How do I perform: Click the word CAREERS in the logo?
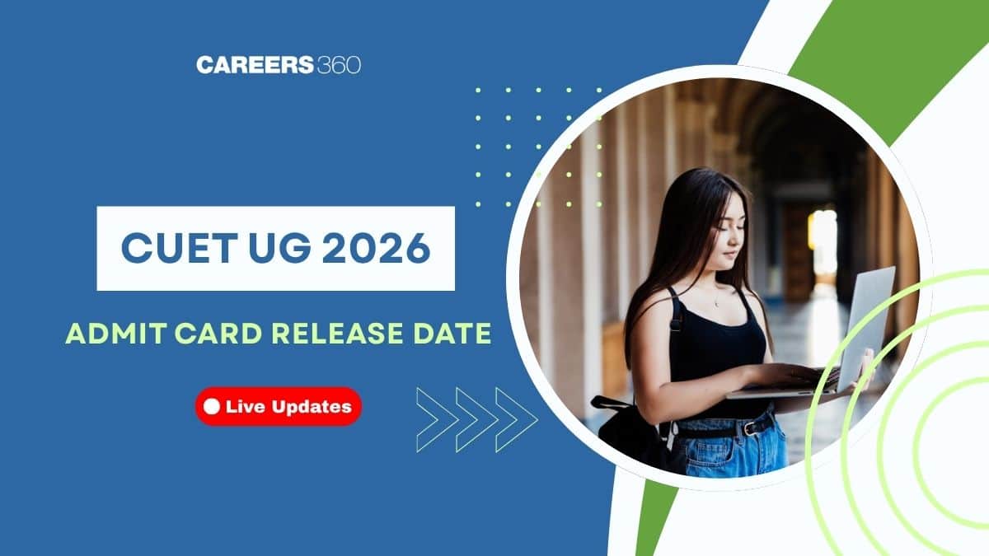(255, 65)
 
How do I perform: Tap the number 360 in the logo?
(339, 65)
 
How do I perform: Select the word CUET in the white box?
(176, 248)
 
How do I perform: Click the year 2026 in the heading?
(376, 248)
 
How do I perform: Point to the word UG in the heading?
(279, 248)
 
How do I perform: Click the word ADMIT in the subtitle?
(115, 334)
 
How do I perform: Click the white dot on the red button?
(212, 406)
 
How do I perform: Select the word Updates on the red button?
(312, 407)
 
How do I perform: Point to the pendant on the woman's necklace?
(716, 304)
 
